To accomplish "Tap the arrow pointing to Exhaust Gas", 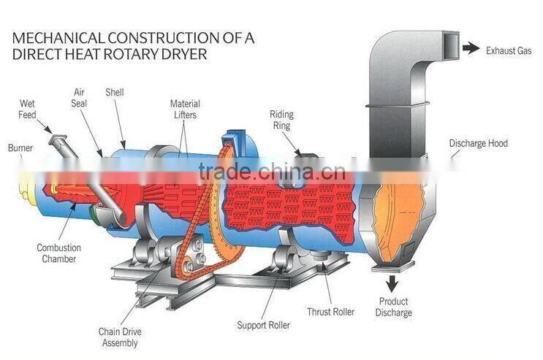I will [x=471, y=48].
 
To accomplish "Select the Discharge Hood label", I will [x=478, y=144].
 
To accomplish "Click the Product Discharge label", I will [x=395, y=307].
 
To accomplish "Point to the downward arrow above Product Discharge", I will [x=393, y=281].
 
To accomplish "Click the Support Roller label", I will [x=263, y=324].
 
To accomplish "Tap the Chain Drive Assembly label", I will [x=118, y=337].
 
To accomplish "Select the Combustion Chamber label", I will [x=58, y=253].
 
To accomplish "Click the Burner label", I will [x=20, y=148].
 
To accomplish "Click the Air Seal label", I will [x=80, y=98].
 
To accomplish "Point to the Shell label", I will [x=114, y=93].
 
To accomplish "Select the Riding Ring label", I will [x=281, y=120].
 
